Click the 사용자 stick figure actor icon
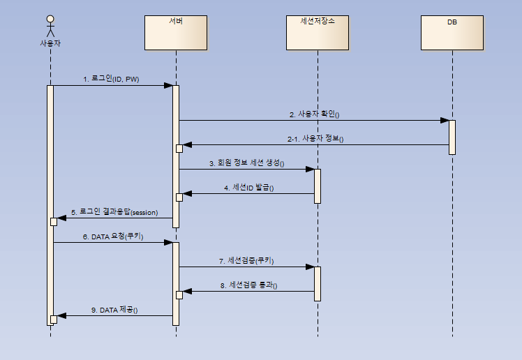point(50,26)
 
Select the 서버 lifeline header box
point(176,32)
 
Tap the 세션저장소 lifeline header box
point(317,32)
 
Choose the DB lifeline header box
point(452,32)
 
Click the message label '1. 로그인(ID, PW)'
point(111,80)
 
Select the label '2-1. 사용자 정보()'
point(315,139)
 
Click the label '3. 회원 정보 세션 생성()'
point(248,163)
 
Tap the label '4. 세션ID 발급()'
point(249,188)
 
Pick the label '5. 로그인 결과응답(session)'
point(115,212)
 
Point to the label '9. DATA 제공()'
point(114,310)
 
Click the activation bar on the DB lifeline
point(452,137)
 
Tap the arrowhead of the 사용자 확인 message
point(444,120)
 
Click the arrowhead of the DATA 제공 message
point(61,316)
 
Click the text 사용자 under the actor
point(50,43)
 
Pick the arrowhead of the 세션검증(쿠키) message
point(309,267)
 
